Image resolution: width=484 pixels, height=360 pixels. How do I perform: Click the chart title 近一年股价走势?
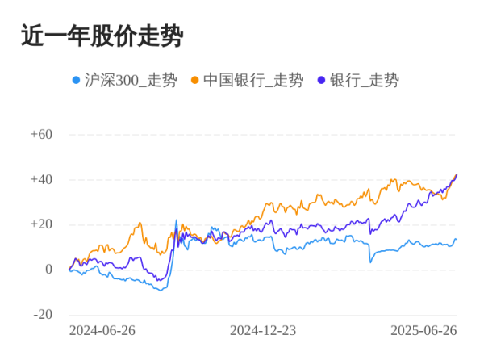pyautogui.click(x=102, y=36)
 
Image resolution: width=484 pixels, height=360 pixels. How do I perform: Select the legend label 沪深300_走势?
pyautogui.click(x=130, y=80)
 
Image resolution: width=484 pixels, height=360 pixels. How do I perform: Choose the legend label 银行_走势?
pyautogui.click(x=364, y=80)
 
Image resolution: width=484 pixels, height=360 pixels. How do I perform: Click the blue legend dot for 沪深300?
pyautogui.click(x=77, y=80)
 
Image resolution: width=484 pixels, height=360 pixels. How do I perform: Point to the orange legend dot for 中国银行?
pyautogui.click(x=194, y=80)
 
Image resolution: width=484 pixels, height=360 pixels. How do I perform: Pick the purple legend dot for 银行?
pyautogui.click(x=322, y=80)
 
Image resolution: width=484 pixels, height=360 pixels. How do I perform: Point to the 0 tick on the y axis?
pyautogui.click(x=48, y=270)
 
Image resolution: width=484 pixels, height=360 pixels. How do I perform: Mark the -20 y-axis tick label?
pyautogui.click(x=42, y=315)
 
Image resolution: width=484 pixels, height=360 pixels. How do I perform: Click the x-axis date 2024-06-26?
pyautogui.click(x=102, y=331)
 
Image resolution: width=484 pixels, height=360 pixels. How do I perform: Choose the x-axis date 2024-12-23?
pyautogui.click(x=263, y=331)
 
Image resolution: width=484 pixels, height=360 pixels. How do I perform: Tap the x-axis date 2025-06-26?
pyautogui.click(x=423, y=331)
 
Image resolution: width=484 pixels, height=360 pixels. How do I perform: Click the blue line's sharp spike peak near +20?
pyautogui.click(x=177, y=220)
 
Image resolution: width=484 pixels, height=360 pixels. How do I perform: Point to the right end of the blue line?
pyautogui.click(x=456, y=239)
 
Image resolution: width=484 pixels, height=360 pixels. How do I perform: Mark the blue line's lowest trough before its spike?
pyautogui.click(x=161, y=290)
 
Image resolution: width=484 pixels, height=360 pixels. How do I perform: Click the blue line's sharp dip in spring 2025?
pyautogui.click(x=370, y=262)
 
